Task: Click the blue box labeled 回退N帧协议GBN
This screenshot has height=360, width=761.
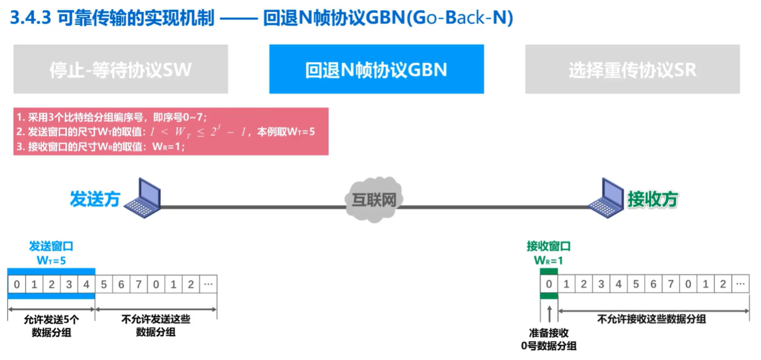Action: click(376, 69)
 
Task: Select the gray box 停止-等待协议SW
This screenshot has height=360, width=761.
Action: click(120, 69)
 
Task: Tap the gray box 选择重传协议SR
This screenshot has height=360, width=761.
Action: click(632, 69)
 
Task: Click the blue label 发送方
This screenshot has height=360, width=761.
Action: click(95, 199)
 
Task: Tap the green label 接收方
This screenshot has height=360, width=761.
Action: click(653, 199)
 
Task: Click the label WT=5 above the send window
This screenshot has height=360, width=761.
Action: click(51, 260)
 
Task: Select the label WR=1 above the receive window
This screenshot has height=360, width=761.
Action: click(548, 260)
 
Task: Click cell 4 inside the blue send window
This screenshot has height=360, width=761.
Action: click(86, 284)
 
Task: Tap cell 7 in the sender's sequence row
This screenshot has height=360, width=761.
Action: click(139, 284)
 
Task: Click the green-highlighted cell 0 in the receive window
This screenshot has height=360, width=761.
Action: click(549, 284)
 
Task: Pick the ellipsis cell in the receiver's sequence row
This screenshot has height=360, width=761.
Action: click(740, 284)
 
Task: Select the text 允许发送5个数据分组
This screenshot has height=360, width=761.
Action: click(51, 326)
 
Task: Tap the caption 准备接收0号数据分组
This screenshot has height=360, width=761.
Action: click(549, 339)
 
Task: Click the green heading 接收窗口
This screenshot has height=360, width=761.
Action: click(548, 246)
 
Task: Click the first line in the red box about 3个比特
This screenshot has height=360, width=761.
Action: click(111, 118)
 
